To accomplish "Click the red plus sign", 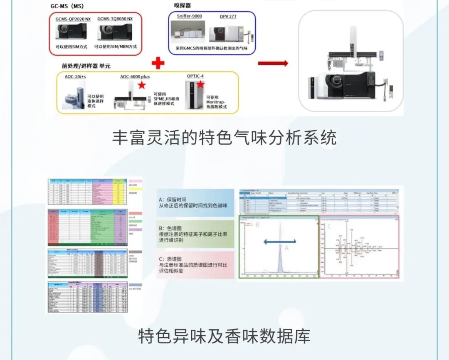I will (158, 63).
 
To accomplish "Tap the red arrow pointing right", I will (273, 63).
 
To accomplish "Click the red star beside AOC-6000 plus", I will (142, 85).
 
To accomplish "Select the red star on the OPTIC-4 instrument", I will (200, 85).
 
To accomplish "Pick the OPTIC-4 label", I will (195, 76).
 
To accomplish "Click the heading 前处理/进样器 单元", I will (86, 66).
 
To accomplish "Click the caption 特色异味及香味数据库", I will (224, 336).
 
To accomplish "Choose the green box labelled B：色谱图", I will (195, 234).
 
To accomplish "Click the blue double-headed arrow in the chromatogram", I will (279, 240).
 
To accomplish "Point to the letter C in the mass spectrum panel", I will (330, 227).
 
